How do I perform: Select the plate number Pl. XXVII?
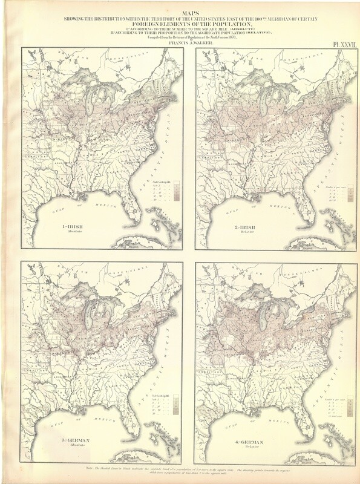click(341, 44)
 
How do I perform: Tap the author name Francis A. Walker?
click(180, 44)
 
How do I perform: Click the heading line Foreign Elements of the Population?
click(180, 24)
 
